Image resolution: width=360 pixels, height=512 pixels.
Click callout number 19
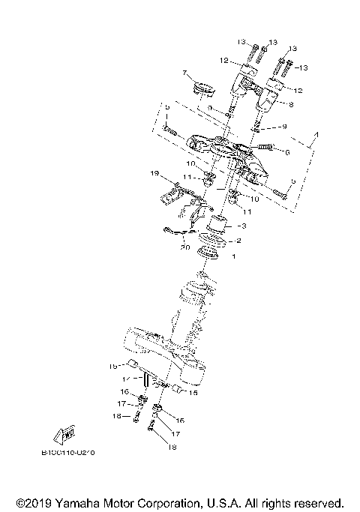[154, 174]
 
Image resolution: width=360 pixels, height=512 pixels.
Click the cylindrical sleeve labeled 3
[218, 223]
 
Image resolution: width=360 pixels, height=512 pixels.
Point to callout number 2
[238, 241]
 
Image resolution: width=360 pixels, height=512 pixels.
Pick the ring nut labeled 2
[213, 241]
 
